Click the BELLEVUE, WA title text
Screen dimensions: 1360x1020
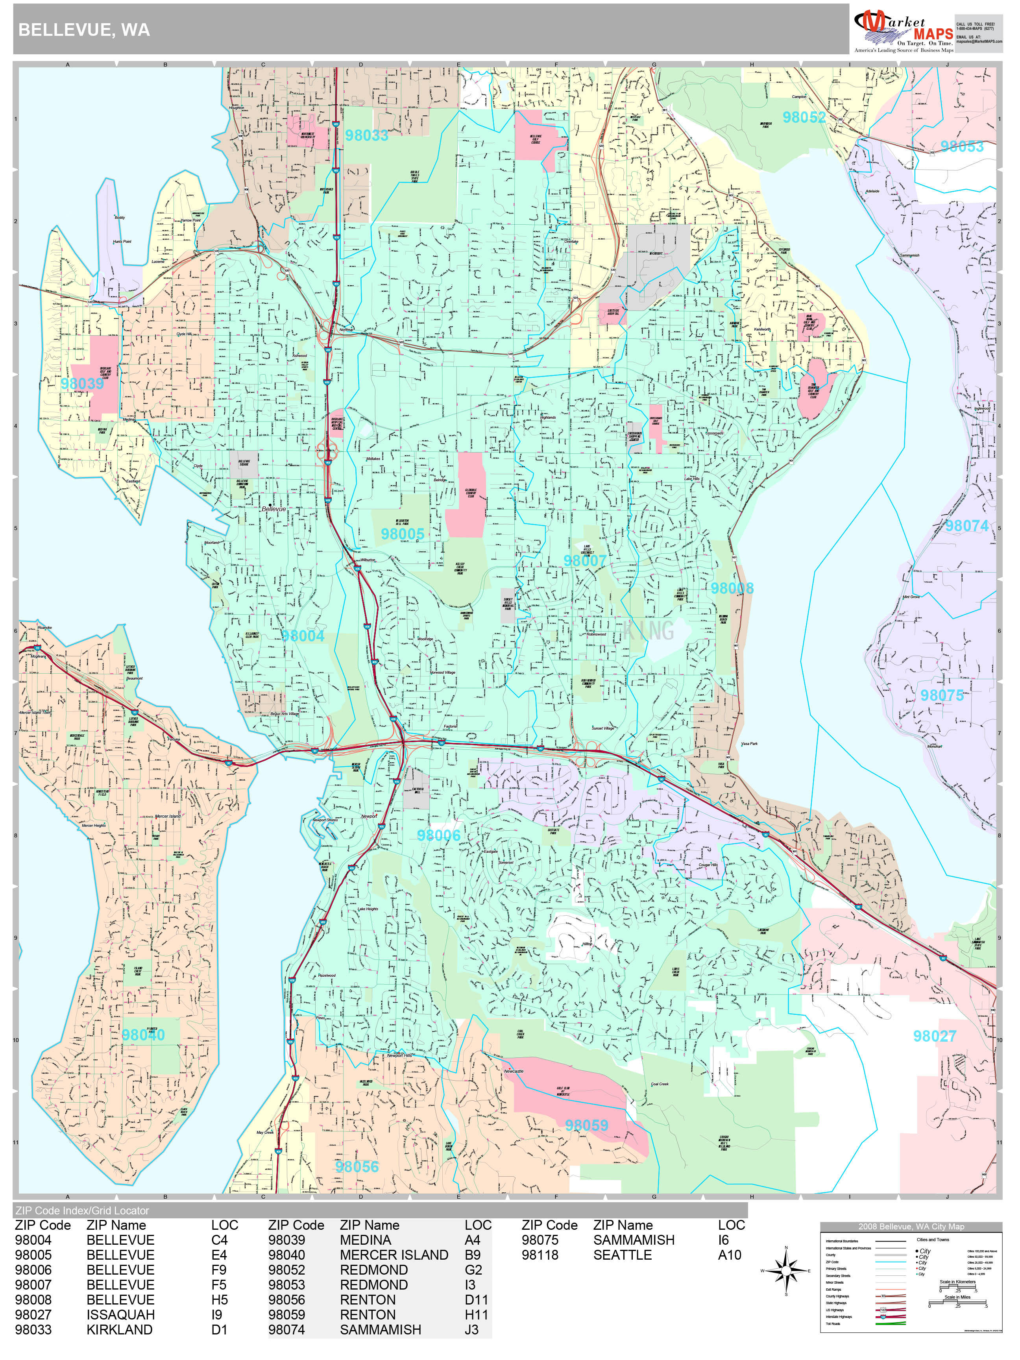tap(84, 30)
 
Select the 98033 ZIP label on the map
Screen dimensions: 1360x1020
tap(366, 135)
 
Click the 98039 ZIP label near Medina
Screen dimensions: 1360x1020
tap(82, 384)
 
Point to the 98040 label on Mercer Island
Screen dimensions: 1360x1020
tap(143, 1035)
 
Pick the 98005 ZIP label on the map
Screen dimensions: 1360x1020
tap(402, 534)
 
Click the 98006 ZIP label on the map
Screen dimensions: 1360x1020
tap(438, 835)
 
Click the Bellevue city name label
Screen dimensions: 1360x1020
tap(273, 509)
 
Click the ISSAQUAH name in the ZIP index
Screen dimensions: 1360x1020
tap(120, 1314)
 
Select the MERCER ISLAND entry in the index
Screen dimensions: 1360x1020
tap(394, 1255)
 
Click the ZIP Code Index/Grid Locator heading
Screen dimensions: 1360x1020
tap(82, 1210)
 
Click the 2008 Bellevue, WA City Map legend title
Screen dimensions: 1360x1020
tap(911, 1227)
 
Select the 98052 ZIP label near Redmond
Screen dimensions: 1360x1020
tap(804, 117)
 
